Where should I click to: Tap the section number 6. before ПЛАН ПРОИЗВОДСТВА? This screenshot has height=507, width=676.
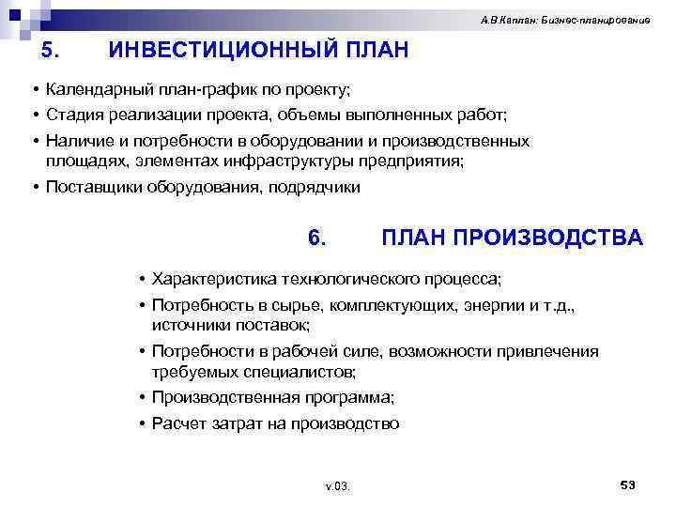pyautogui.click(x=316, y=238)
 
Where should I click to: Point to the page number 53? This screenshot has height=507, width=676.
pyautogui.click(x=628, y=484)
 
